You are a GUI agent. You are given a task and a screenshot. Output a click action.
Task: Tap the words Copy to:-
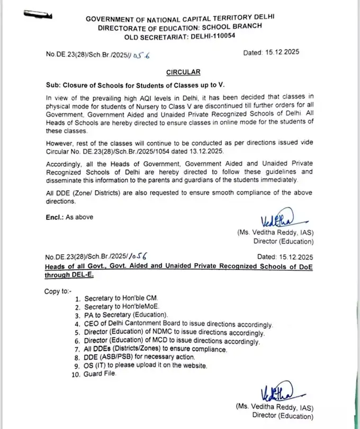click(x=58, y=290)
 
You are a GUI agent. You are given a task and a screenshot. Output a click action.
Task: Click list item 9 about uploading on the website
click(x=140, y=366)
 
